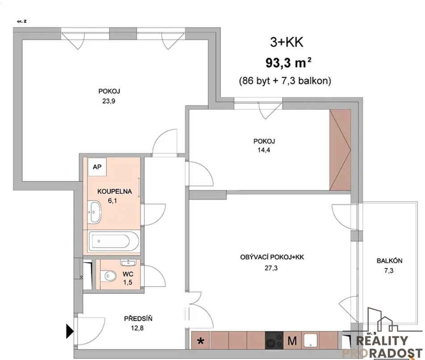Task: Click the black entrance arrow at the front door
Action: pyautogui.click(x=70, y=331)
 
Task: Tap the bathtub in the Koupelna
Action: pyautogui.click(x=114, y=241)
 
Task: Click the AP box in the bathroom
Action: pyautogui.click(x=97, y=167)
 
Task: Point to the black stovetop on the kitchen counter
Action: pyautogui.click(x=274, y=340)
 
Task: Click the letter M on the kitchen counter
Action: pyautogui.click(x=292, y=341)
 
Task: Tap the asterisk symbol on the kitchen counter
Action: pyautogui.click(x=200, y=341)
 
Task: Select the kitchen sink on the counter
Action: pyautogui.click(x=311, y=340)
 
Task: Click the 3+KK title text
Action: pyautogui.click(x=287, y=42)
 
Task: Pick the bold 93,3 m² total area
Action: pyautogui.click(x=288, y=63)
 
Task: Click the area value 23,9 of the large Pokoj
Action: pyautogui.click(x=109, y=101)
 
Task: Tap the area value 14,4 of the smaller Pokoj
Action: pyautogui.click(x=264, y=150)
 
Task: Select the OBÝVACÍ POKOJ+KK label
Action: pyautogui.click(x=272, y=257)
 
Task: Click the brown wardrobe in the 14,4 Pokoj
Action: pyautogui.click(x=340, y=150)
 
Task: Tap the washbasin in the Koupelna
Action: pyautogui.click(x=94, y=212)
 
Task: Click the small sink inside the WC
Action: pyautogui.click(x=128, y=262)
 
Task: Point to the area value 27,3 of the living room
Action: pyautogui.click(x=271, y=268)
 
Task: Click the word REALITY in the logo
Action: pyautogui.click(x=382, y=341)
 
